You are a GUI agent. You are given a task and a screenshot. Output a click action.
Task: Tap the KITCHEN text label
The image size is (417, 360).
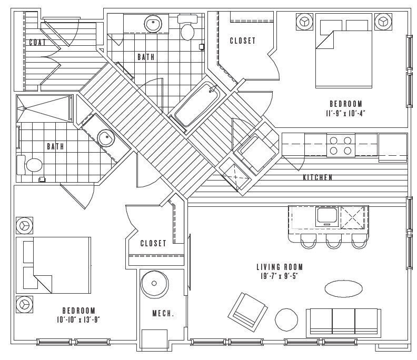pyautogui.click(x=317, y=178)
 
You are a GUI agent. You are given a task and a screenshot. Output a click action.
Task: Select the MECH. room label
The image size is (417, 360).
pyautogui.click(x=163, y=314)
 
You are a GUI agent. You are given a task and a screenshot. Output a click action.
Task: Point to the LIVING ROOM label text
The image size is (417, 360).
pyautogui.click(x=280, y=267)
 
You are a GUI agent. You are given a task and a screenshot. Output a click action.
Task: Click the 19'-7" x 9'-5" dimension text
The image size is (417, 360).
pyautogui.click(x=280, y=276)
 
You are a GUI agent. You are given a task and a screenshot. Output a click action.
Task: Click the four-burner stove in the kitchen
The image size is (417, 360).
pyautogui.click(x=340, y=145)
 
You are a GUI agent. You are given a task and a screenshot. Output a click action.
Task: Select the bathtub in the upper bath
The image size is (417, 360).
pyautogui.click(x=196, y=105)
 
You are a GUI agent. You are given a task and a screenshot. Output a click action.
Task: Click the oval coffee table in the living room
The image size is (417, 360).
pyautogui.click(x=343, y=288)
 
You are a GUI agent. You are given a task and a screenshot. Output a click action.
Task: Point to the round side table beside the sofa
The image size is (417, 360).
pyautogui.click(x=287, y=318)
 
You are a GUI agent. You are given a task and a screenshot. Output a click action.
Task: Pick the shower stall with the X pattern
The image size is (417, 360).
pyautogui.click(x=45, y=107)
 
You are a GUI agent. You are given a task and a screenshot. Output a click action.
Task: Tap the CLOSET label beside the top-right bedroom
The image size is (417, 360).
pyautogui.click(x=242, y=41)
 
